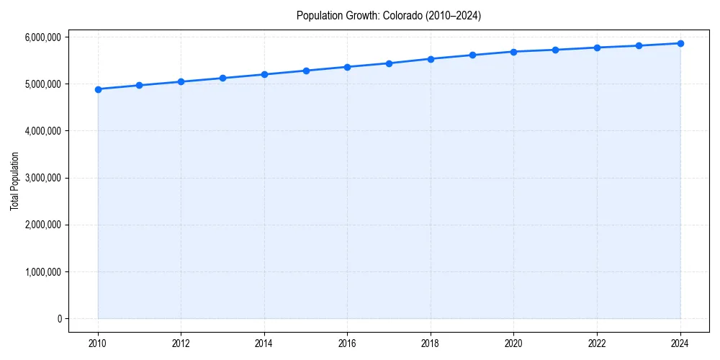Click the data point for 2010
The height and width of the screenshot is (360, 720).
[98, 89]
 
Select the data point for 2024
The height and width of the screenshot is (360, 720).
[680, 43]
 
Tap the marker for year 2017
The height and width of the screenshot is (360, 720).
[389, 63]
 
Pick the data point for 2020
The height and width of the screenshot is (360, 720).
[514, 52]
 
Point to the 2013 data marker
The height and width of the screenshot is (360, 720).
[222, 78]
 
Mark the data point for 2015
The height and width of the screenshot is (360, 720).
[306, 71]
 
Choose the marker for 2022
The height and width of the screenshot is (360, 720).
[597, 48]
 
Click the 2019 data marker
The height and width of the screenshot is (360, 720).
[472, 55]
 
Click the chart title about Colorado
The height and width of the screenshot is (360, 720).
[389, 15]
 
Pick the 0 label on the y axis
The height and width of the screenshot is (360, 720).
[59, 319]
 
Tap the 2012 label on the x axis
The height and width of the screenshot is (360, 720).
[181, 343]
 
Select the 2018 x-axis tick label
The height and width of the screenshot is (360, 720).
[431, 343]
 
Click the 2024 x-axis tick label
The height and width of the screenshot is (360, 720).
[680, 343]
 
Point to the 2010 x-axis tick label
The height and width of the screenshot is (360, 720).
[98, 343]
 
